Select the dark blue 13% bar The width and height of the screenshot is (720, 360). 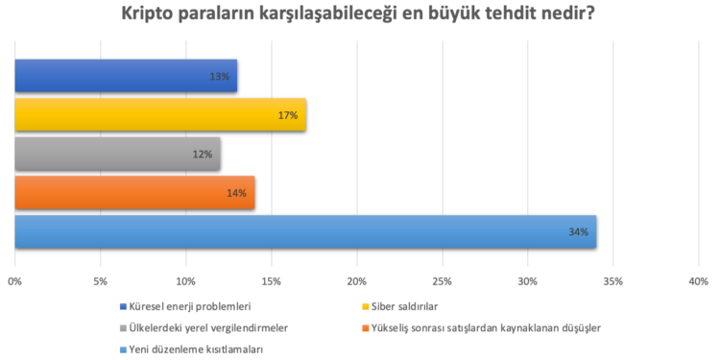[x=126, y=76]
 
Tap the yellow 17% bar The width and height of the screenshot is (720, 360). [x=160, y=114]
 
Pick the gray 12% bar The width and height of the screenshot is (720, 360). [x=117, y=154]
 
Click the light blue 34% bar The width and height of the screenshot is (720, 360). [x=305, y=232]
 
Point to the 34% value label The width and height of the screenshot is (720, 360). [x=577, y=232]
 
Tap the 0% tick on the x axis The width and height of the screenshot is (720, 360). [x=15, y=281]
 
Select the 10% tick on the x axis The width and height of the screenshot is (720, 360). [x=186, y=281]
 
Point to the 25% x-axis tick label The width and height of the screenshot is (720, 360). [x=443, y=281]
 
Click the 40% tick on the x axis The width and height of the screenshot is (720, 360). [x=699, y=281]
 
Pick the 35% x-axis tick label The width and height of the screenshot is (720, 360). [x=613, y=281]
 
